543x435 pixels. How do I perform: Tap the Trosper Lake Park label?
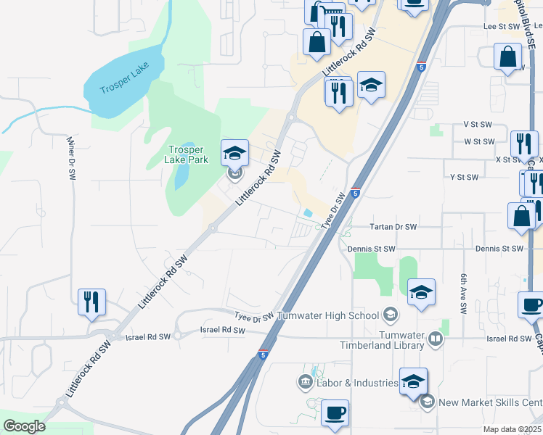[x=184, y=154]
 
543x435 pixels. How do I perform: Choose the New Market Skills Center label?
[x=490, y=402]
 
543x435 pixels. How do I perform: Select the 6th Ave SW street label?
[x=462, y=294]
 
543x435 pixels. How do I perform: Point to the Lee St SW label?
[x=500, y=25]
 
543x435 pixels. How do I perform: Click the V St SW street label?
[x=478, y=125]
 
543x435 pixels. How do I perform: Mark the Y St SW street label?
[x=465, y=177]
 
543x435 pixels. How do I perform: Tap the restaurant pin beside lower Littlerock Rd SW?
[x=92, y=302]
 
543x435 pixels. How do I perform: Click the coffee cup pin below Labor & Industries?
[x=335, y=413]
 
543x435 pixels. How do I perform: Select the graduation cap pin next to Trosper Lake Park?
[x=234, y=152]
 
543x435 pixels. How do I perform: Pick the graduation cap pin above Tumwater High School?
[x=421, y=291]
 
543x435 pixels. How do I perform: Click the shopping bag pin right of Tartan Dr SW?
[x=522, y=216]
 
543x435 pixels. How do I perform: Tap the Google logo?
[x=24, y=426]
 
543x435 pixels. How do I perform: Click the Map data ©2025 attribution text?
[x=512, y=429]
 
